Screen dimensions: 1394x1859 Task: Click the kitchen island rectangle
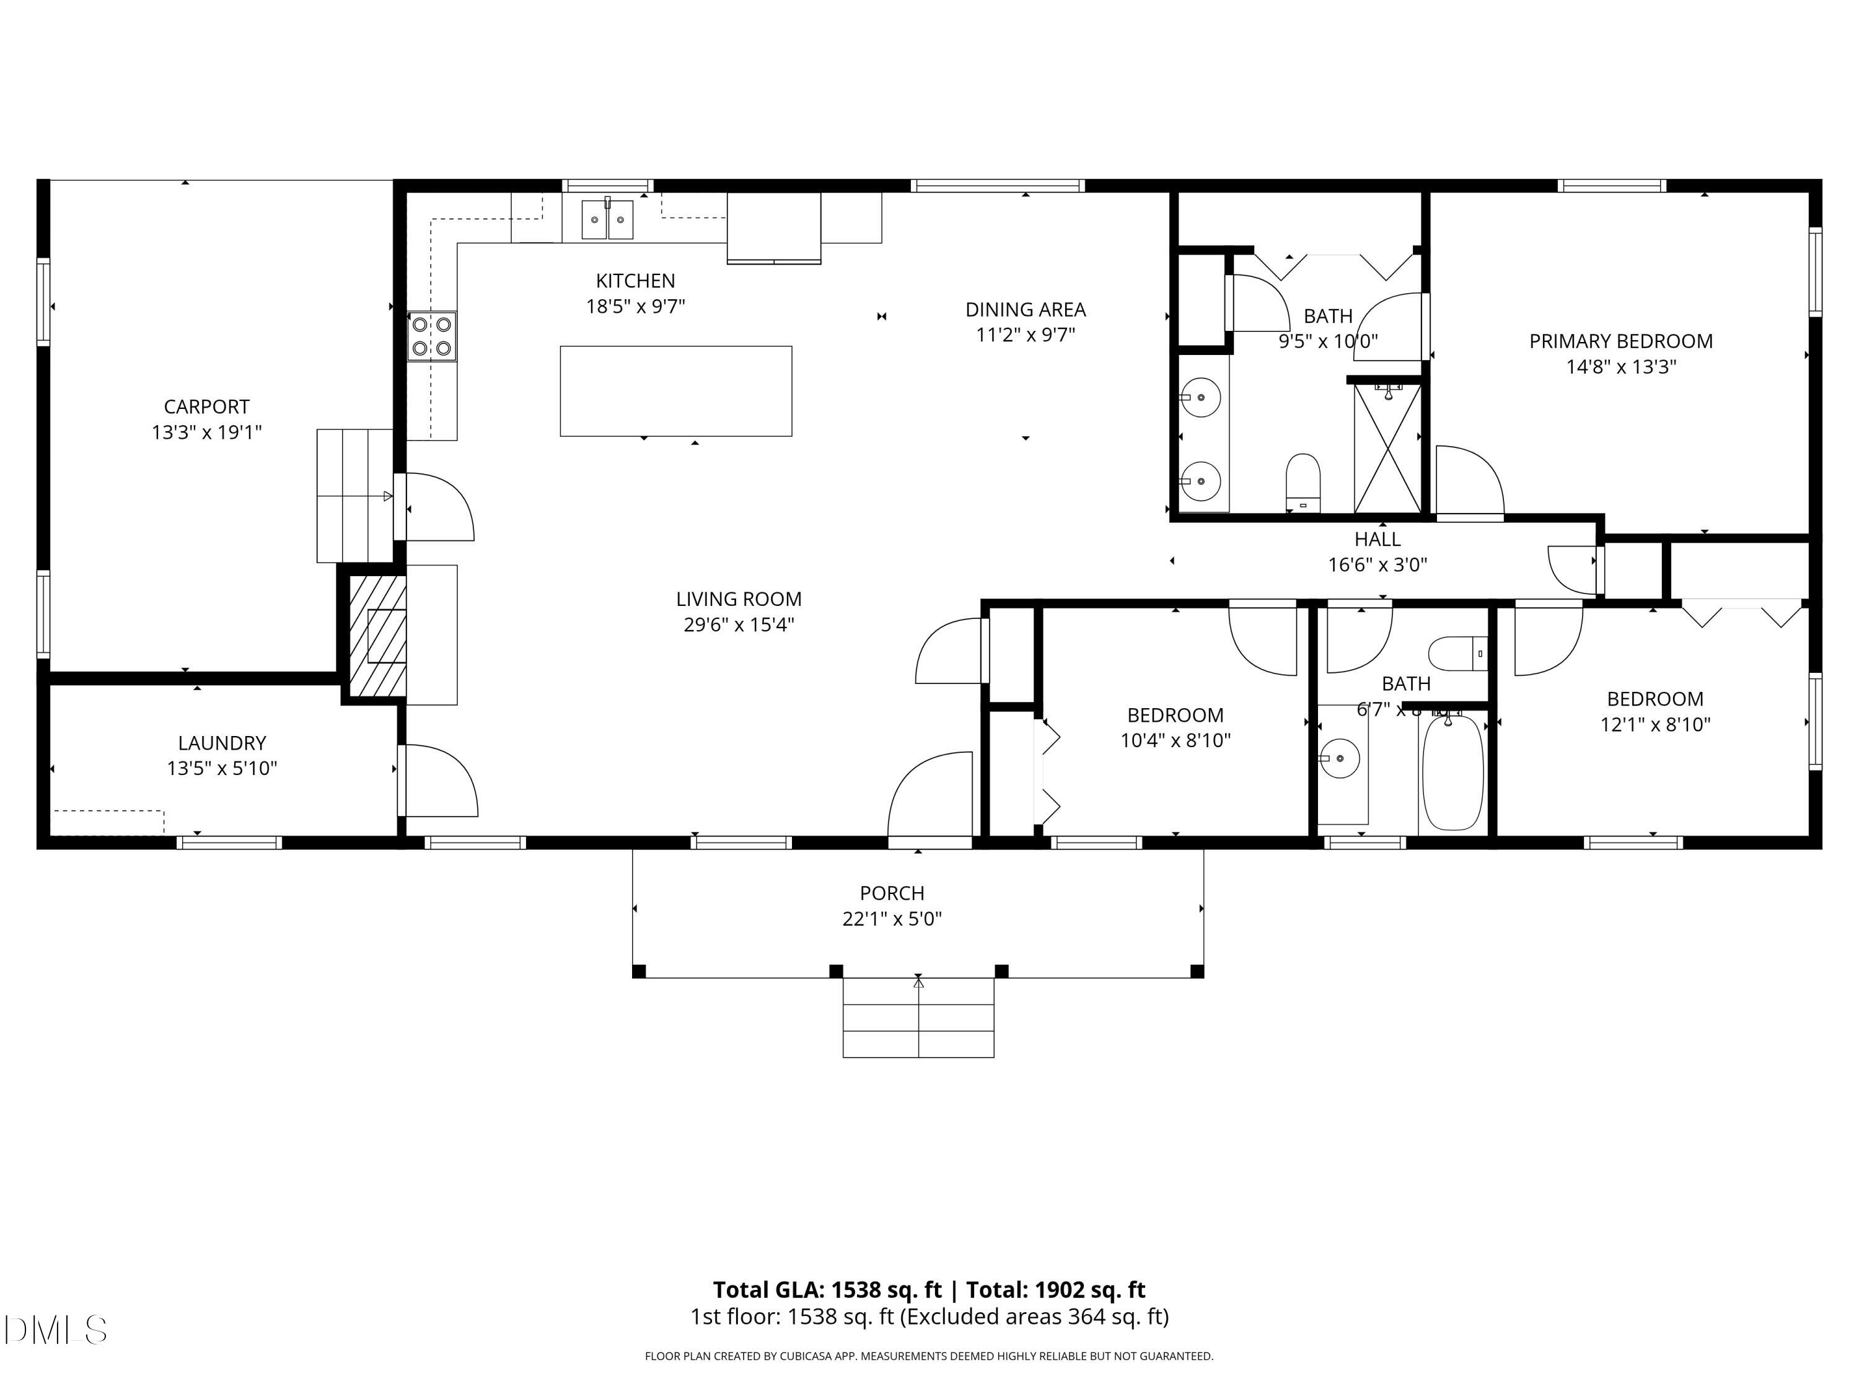[675, 391]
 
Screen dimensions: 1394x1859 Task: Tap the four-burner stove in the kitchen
[432, 336]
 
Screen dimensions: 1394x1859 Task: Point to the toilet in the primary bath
[1303, 481]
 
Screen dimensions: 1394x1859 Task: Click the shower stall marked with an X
[1387, 448]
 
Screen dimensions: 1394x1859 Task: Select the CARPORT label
[207, 406]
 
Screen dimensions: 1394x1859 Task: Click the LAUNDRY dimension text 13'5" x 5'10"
[222, 768]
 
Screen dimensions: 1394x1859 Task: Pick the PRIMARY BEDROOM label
[1620, 341]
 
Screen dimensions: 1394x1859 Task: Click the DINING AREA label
[1026, 309]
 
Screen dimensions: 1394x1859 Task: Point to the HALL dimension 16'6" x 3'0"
[1377, 564]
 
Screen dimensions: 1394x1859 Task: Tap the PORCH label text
[892, 893]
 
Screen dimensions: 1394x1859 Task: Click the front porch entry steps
[918, 1017]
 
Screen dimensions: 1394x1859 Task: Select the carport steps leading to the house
[354, 495]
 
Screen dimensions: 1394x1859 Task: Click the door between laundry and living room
[439, 781]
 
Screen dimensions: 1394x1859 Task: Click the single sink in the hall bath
[1340, 759]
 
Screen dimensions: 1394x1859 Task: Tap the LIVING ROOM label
[738, 599]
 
